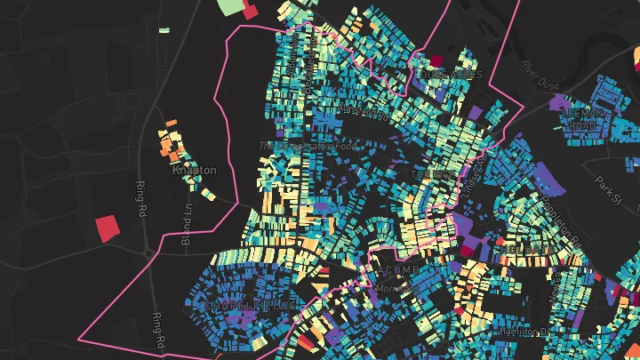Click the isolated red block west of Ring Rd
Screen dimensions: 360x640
107,228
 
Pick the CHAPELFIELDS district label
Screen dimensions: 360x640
250,306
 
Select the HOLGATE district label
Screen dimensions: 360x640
524,251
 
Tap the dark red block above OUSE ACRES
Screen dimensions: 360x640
436,61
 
